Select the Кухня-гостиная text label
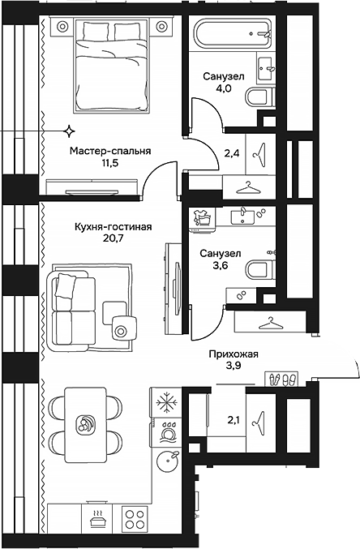[114, 228]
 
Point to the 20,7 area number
[114, 242]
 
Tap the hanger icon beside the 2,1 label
[259, 418]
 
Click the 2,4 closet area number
[231, 152]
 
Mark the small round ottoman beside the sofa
[122, 330]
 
